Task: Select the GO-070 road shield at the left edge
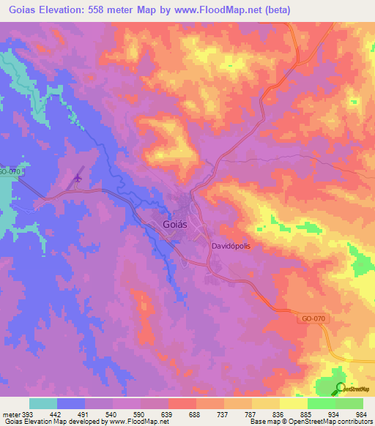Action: coord(9,171)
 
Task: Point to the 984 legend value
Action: coord(360,414)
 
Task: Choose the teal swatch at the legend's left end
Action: coord(43,403)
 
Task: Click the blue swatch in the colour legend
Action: coord(71,403)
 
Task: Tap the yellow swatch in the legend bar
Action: coord(266,403)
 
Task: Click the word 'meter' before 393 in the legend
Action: coord(11,414)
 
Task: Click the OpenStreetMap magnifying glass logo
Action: coord(341,389)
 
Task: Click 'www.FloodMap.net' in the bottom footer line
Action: coord(134,422)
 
